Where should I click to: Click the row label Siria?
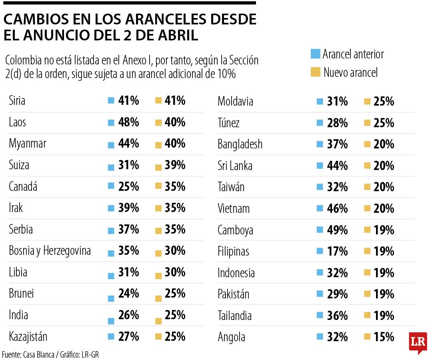click(17, 100)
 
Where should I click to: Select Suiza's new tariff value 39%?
click(175, 165)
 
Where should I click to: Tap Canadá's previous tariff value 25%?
click(128, 186)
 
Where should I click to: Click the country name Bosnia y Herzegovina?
click(50, 251)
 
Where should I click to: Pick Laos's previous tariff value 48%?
click(128, 122)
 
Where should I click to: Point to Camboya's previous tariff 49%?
click(337, 230)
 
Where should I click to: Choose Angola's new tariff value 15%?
click(384, 337)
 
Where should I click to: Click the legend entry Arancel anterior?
click(353, 54)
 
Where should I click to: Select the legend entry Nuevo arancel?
click(350, 72)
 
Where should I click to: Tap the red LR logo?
click(418, 342)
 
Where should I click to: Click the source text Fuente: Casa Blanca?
click(28, 354)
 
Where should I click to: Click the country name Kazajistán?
click(28, 337)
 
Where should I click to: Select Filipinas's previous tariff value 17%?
click(337, 251)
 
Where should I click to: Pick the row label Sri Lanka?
click(235, 166)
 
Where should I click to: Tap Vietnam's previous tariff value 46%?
click(337, 208)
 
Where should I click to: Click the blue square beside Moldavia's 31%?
click(319, 102)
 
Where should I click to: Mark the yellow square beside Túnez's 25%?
click(367, 123)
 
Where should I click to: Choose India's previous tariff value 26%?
click(128, 315)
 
